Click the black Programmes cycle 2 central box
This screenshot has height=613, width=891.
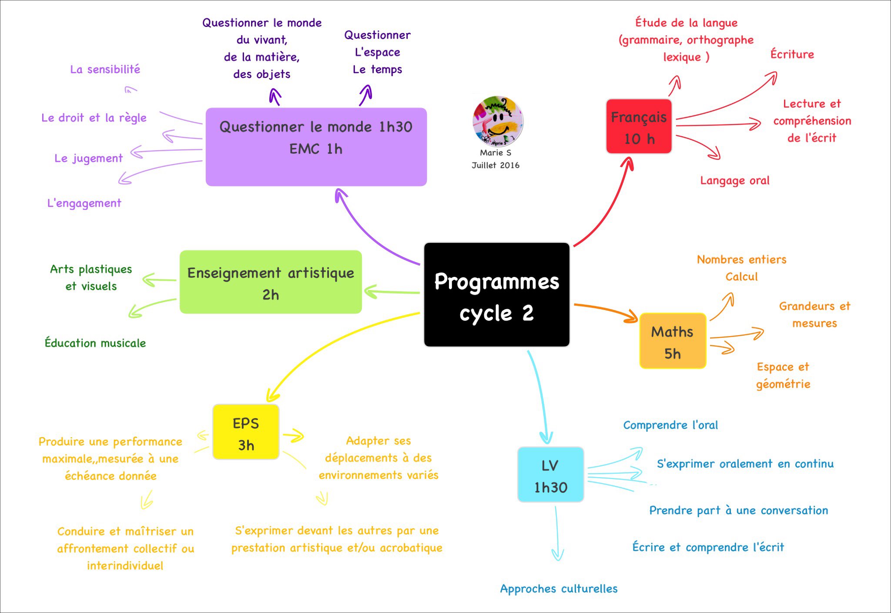tap(496, 295)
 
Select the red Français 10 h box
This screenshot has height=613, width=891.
tap(639, 126)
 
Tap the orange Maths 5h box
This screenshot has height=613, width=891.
tap(673, 341)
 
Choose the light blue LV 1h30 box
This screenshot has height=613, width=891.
tap(550, 475)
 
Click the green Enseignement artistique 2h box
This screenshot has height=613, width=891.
tap(271, 282)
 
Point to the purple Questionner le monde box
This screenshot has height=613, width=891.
tap(316, 147)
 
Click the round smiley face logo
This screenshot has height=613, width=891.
tap(497, 121)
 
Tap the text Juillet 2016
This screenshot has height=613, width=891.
tap(496, 165)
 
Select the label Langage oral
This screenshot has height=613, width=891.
tap(734, 181)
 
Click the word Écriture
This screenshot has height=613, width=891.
tap(792, 54)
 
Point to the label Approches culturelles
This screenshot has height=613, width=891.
tap(559, 589)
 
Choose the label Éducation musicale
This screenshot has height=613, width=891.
tap(95, 343)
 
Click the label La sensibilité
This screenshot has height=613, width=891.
tap(105, 70)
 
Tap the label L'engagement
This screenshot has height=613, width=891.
tap(84, 203)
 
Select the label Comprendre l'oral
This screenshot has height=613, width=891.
tap(670, 425)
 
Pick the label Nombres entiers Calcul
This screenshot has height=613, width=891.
tap(741, 268)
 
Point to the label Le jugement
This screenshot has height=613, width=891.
tap(88, 158)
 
